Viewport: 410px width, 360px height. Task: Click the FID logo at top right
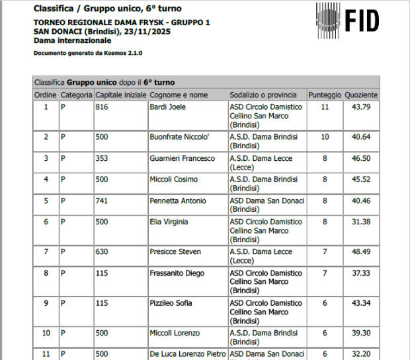347,20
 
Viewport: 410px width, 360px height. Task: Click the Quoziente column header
361,95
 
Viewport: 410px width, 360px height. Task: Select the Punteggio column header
325,95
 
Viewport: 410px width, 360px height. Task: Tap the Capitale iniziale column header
120,95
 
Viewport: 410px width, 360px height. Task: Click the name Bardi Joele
168,107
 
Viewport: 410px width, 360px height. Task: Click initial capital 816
102,107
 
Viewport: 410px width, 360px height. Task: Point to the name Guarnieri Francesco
183,158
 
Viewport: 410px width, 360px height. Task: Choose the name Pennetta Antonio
178,201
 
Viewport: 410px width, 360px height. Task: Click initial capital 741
102,201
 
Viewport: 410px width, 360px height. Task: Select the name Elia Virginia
169,222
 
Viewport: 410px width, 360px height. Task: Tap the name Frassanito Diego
177,273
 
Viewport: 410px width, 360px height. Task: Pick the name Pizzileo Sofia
171,303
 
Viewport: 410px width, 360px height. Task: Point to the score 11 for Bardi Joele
325,107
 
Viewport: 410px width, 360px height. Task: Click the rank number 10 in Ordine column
46,333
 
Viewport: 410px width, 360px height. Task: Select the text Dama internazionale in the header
73,40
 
